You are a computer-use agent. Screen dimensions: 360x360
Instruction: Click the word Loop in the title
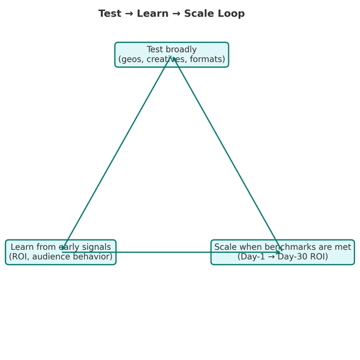[231, 13]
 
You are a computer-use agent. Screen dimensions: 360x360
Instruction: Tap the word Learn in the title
[152, 13]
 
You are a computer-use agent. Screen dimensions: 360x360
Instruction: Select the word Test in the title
[110, 13]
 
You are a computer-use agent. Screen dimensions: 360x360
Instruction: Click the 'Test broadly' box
[171, 54]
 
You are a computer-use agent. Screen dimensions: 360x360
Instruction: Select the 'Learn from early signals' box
[61, 252]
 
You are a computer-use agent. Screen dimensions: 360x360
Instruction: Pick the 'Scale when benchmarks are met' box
[283, 252]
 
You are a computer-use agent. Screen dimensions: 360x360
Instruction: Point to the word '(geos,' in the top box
[131, 59]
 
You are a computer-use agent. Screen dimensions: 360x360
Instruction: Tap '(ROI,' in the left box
[20, 257]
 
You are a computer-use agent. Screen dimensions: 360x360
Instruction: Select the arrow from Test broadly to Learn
[116, 152]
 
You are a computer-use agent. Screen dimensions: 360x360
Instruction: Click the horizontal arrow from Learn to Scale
[171, 252]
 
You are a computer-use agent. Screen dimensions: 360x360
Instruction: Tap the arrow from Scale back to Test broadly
[227, 153]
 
